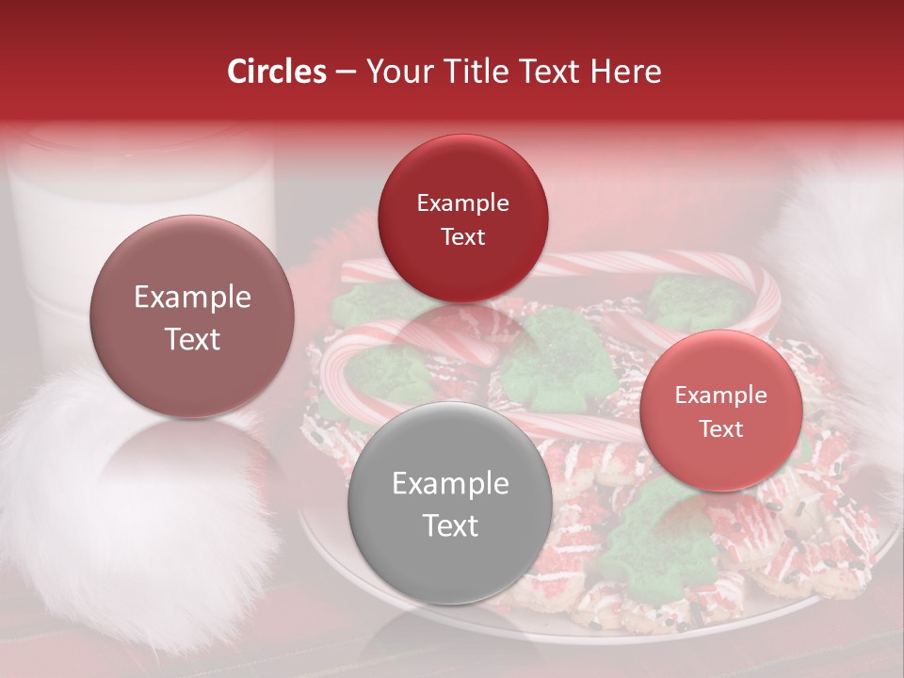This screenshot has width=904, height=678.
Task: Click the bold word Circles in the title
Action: pos(276,72)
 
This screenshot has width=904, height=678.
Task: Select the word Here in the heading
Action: pos(625,72)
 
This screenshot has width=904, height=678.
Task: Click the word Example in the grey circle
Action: pos(450,484)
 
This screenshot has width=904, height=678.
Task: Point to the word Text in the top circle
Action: pos(462,236)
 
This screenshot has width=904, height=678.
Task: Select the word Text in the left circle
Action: pos(192,340)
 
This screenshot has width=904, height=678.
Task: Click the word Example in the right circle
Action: pos(720,395)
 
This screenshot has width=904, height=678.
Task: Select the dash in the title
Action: pos(345,72)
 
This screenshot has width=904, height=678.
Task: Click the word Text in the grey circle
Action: pos(450,525)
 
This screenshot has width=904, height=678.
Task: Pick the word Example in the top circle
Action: pos(462,203)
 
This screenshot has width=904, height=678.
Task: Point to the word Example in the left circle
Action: pos(192,298)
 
